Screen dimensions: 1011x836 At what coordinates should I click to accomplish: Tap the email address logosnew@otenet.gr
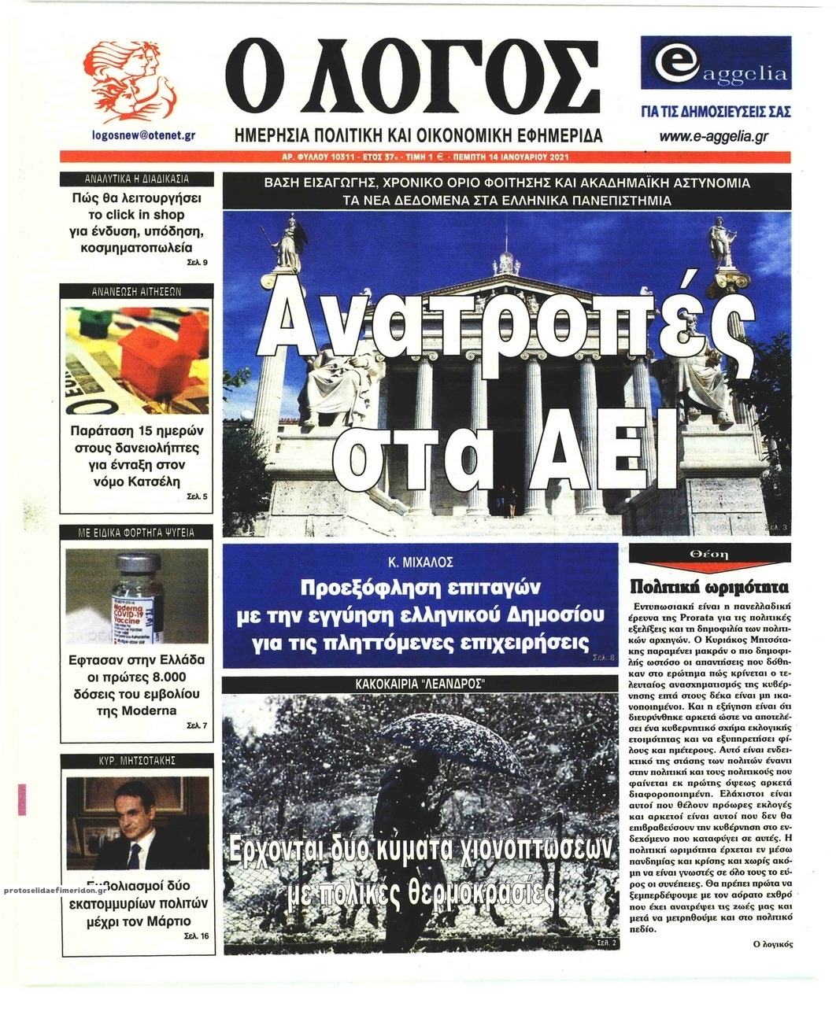pyautogui.click(x=143, y=135)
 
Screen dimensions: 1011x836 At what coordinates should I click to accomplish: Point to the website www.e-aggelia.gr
pyautogui.click(x=714, y=137)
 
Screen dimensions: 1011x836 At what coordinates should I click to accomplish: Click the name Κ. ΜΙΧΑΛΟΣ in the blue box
pyautogui.click(x=420, y=563)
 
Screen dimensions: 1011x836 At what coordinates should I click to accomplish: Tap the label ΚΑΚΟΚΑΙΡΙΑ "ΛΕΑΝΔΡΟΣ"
pyautogui.click(x=420, y=685)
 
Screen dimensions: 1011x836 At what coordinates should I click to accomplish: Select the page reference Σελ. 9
pyautogui.click(x=198, y=263)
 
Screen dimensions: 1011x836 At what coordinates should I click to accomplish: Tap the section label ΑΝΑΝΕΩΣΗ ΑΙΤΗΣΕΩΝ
pyautogui.click(x=136, y=291)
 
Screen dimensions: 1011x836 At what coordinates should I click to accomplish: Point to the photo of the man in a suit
pyautogui.click(x=138, y=822)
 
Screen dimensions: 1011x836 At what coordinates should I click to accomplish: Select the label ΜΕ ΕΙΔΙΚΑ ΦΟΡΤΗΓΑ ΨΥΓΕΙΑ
pyautogui.click(x=136, y=533)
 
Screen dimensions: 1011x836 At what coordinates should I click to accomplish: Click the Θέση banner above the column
pyautogui.click(x=708, y=555)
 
